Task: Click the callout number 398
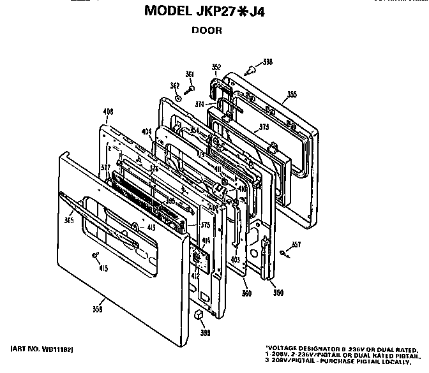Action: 267,62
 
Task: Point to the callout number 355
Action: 292,95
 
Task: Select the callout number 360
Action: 246,293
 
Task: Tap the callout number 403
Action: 235,260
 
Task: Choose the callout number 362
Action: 174,86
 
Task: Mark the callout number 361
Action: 190,75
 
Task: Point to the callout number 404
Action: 146,132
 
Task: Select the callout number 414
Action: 206,240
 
